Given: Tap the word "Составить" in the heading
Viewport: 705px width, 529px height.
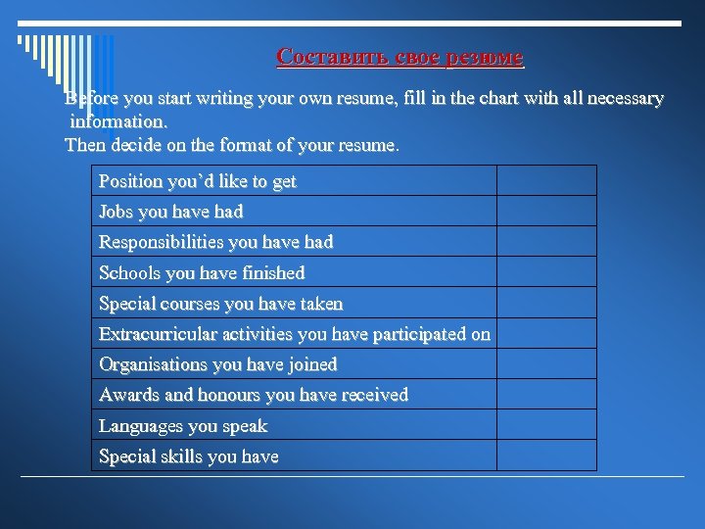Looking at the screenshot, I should tap(319, 57).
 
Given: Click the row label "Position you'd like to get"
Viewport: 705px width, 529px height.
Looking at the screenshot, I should tap(198, 181).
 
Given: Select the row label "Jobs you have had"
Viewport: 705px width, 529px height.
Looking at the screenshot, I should tap(171, 212).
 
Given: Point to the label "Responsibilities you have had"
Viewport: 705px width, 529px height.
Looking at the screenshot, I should tap(216, 242).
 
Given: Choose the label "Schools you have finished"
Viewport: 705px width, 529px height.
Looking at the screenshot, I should tap(202, 272).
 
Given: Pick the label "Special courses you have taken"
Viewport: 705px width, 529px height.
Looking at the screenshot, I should tap(221, 304).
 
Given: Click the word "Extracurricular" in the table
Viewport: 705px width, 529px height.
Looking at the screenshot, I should tap(161, 334).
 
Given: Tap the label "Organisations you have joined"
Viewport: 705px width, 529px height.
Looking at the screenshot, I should tap(218, 364).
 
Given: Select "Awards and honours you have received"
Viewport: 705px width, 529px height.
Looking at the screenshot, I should tap(254, 395).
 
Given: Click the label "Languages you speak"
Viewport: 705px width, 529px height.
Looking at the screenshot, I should tap(183, 426).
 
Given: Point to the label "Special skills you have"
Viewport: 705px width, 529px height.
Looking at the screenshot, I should tap(189, 457).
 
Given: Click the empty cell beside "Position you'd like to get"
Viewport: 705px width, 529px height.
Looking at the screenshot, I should tap(546, 181).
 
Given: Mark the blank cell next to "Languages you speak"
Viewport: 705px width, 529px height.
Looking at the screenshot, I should tap(546, 425).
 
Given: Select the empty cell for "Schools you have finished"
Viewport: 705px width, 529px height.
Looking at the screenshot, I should tap(546, 272).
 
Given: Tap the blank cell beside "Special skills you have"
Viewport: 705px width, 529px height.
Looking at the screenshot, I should tap(546, 456).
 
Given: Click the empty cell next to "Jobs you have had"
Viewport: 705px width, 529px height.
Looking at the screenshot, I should tap(546, 212).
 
